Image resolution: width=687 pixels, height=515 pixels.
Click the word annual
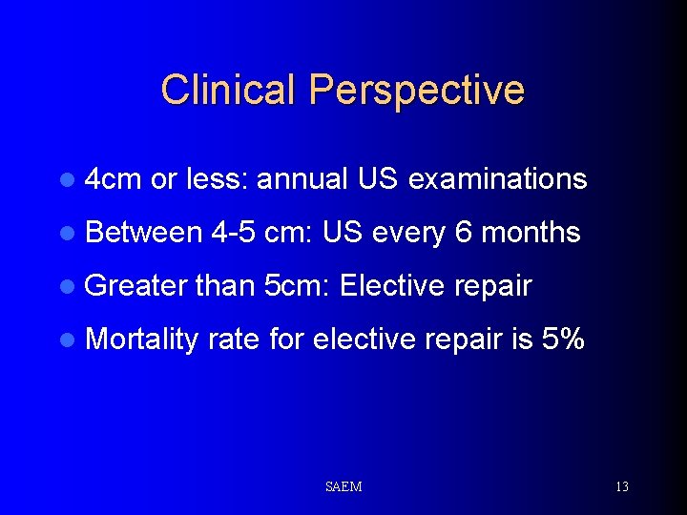point(303,179)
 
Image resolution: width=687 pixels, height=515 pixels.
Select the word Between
point(143,232)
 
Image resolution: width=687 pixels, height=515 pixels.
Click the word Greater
point(135,285)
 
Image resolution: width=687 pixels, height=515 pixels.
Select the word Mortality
point(141,339)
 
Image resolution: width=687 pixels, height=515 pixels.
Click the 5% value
point(563,339)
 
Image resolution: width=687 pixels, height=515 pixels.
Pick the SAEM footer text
point(343,486)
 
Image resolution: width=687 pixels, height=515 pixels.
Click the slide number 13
point(621,486)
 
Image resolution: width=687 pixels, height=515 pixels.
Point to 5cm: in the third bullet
point(295,285)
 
